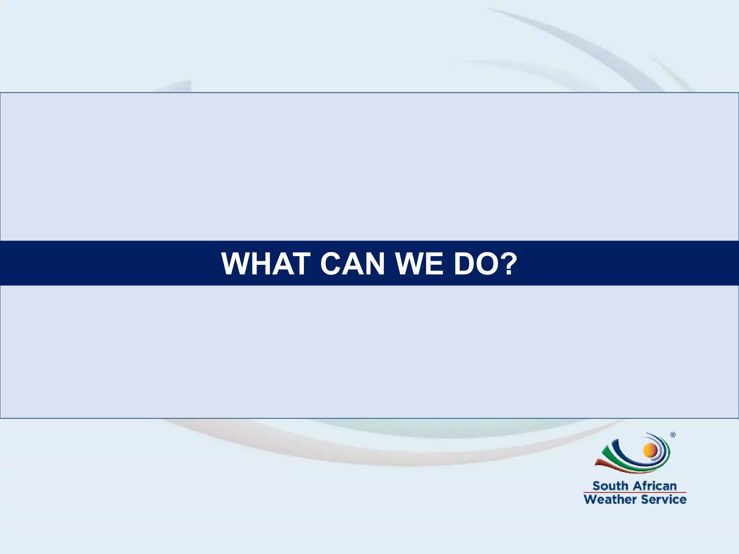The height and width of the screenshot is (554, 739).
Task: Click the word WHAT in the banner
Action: coord(266,264)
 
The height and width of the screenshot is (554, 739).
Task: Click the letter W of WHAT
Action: coord(236,264)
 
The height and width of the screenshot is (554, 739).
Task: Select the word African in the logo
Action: coord(655,486)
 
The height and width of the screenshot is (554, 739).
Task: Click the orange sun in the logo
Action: coord(650,450)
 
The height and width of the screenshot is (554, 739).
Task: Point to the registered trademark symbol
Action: coord(673,435)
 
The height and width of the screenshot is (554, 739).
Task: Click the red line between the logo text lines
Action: coord(635,492)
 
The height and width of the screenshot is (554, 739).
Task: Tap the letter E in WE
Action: coord(435,264)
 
